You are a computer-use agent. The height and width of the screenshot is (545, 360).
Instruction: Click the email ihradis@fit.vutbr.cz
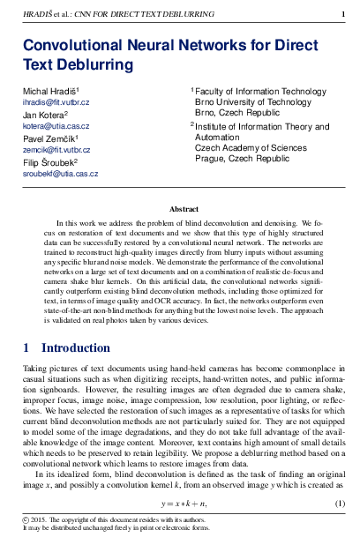(x=55, y=102)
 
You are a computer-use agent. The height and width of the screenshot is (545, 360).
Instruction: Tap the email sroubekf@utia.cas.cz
(x=59, y=175)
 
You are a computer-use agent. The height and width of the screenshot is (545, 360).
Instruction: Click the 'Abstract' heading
(x=184, y=209)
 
